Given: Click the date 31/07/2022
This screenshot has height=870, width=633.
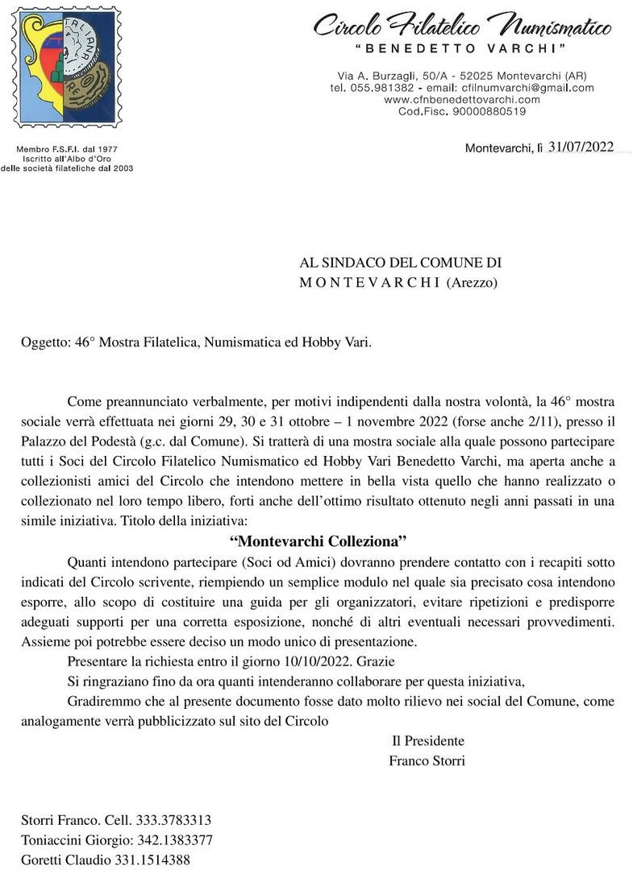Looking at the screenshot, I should point(581,147).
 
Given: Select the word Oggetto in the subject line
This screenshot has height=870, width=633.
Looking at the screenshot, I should point(44,342).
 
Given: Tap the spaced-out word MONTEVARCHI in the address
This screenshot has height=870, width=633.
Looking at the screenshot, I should point(369,282).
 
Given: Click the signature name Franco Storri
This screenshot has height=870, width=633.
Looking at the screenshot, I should point(427,760).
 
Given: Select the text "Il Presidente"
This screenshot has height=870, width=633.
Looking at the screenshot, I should point(427,741).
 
